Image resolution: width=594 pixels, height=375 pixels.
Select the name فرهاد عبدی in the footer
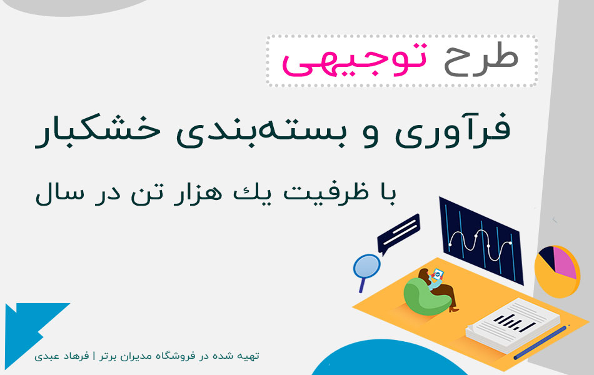pos(56,356)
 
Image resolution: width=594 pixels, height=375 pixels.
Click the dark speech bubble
pos(397,232)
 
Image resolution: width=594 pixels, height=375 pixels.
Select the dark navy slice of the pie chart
pos(546,256)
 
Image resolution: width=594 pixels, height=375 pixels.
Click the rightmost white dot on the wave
pos(510,242)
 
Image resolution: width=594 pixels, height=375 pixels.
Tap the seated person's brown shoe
pos(453,308)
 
